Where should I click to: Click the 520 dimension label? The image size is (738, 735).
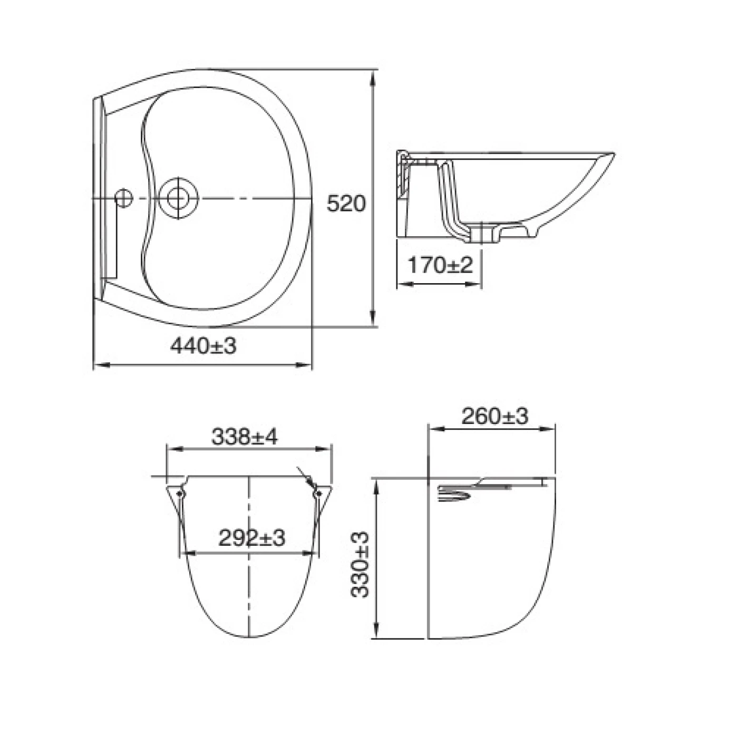coord(346,204)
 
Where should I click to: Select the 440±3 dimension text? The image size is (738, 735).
coord(203,346)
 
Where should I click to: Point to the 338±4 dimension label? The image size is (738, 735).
coord(244,437)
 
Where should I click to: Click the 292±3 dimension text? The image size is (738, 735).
coord(251,538)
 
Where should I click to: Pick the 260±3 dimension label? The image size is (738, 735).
coord(494,417)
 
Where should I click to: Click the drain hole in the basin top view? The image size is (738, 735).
coord(178,198)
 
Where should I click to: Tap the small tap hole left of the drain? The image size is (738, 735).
coord(123,198)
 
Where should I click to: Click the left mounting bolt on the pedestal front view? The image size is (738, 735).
coord(180,494)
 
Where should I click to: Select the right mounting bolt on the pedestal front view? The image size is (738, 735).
coord(318,494)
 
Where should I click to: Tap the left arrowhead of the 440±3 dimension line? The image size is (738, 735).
coord(100,364)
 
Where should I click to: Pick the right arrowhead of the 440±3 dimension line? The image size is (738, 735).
coord(305,364)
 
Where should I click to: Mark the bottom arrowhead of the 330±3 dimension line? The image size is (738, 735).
coord(376,632)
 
